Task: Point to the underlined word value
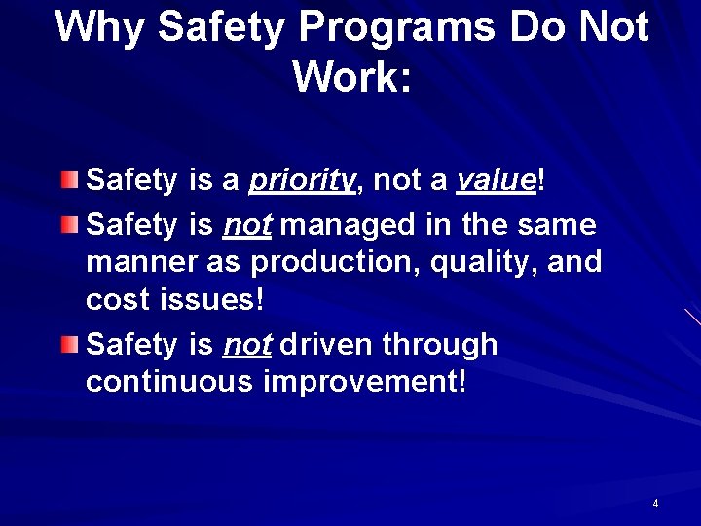pos(497,180)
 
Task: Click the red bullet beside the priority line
pos(67,179)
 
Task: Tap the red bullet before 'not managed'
pos(67,225)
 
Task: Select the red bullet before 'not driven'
pos(67,344)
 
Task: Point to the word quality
pos(471,263)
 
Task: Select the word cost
pos(113,300)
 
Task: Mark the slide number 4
pos(655,504)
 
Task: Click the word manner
pos(134,263)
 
